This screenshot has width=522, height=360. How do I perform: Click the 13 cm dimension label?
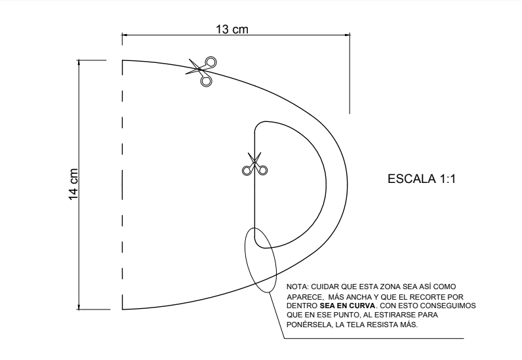(232, 30)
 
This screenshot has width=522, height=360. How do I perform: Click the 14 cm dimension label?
(73, 184)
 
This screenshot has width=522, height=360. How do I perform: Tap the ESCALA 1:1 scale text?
(422, 179)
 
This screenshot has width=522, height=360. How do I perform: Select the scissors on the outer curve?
(201, 71)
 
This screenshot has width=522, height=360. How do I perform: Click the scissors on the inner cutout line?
(254, 164)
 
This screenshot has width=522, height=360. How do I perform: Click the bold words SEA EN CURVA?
(347, 306)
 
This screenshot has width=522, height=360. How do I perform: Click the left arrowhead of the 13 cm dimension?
(124, 34)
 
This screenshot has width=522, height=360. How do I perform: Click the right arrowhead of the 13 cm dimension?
(348, 34)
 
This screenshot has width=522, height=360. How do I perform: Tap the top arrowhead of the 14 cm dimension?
(79, 62)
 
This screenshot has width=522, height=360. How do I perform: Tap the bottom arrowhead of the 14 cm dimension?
(79, 307)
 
